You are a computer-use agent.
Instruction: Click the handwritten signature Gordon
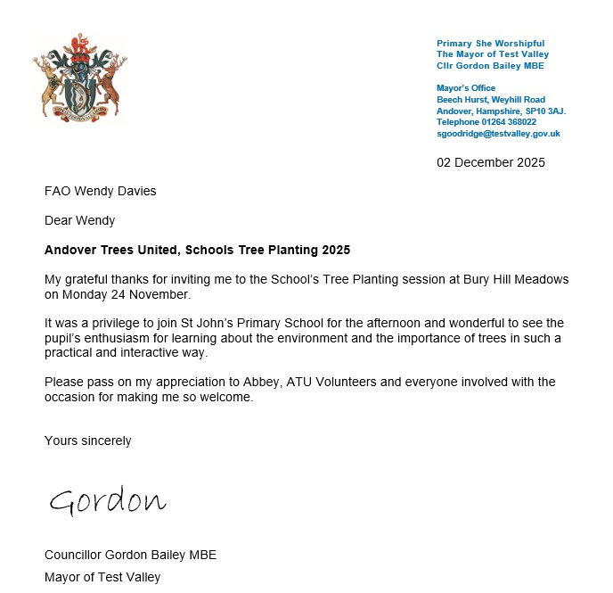[107, 501]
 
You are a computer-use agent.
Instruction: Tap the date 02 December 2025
[490, 162]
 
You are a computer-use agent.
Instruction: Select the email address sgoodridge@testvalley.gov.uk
[498, 133]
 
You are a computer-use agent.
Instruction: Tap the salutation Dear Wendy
[79, 220]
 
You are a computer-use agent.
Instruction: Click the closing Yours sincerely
[87, 441]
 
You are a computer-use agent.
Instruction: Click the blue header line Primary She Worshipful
[490, 44]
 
